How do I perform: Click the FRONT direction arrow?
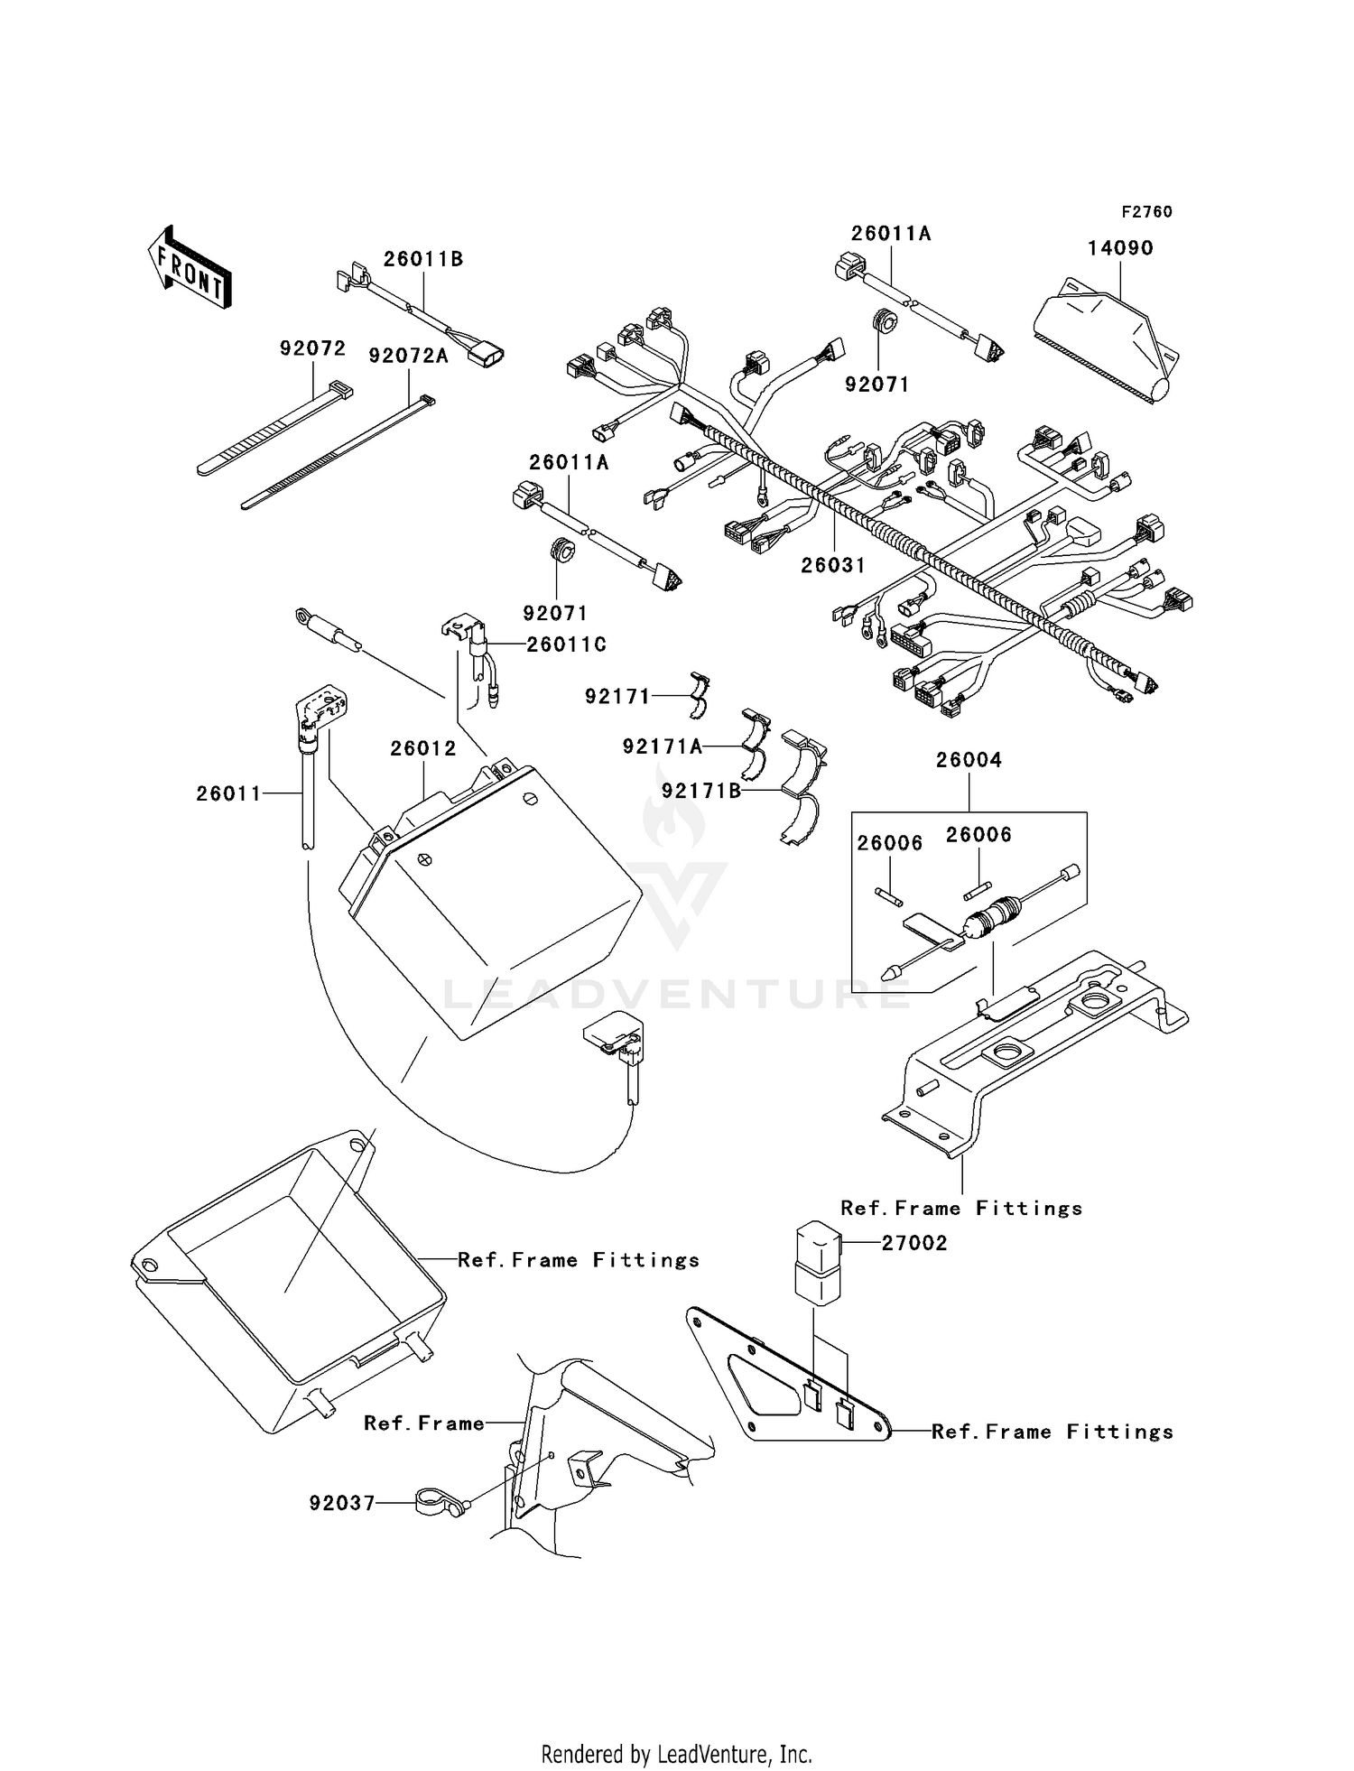click(189, 268)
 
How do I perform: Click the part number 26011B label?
click(423, 259)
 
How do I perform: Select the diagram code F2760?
click(1146, 212)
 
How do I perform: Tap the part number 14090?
click(1120, 248)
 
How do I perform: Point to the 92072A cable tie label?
click(408, 356)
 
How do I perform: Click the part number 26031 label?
click(833, 565)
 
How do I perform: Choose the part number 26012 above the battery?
click(423, 748)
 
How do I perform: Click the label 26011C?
click(566, 644)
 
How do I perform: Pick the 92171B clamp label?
click(701, 791)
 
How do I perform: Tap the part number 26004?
click(969, 760)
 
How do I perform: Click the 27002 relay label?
click(914, 1243)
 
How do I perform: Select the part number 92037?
click(341, 1504)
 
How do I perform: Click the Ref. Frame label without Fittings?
click(424, 1423)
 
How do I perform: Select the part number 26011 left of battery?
click(228, 793)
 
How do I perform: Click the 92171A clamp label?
click(662, 746)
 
